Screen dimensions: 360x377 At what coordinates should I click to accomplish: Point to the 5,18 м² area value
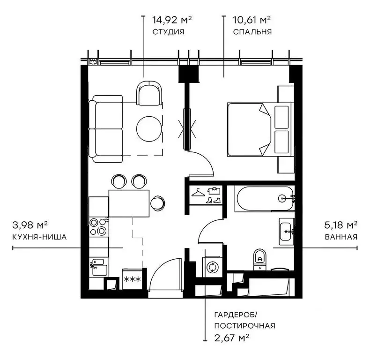tap(341, 225)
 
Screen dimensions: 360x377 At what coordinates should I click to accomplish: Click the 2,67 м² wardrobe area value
tap(231, 337)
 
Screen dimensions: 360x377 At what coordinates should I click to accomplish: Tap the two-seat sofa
tap(107, 129)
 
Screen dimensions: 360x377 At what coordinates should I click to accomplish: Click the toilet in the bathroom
tap(259, 259)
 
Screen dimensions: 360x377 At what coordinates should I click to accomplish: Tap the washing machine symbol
tap(212, 268)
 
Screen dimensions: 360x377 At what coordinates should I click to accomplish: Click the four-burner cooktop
tap(98, 227)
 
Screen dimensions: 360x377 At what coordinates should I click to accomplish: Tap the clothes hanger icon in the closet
tap(199, 192)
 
